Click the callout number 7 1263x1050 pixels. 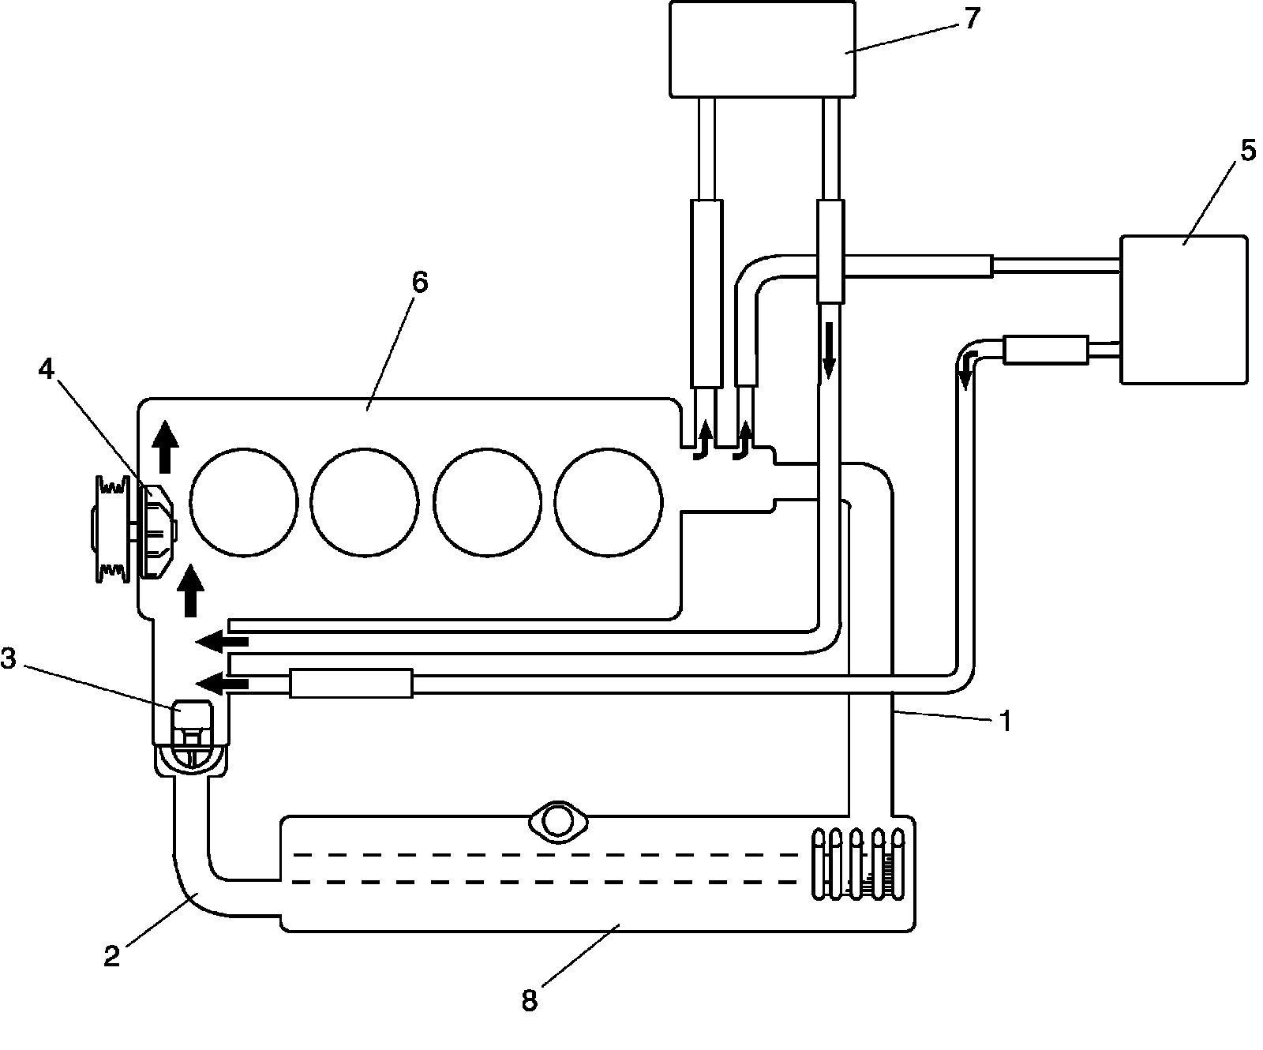970,19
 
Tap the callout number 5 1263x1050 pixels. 1246,152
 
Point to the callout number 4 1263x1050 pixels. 47,369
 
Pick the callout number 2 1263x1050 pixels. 112,957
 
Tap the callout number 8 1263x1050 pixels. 529,1001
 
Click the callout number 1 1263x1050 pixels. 1004,722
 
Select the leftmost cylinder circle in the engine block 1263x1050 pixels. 244,501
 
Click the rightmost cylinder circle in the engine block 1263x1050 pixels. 609,501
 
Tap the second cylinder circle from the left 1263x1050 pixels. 365,501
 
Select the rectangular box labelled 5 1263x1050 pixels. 1183,309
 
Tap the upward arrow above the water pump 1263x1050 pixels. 164,445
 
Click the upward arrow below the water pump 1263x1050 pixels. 189,589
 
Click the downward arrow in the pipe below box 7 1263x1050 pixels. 829,349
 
